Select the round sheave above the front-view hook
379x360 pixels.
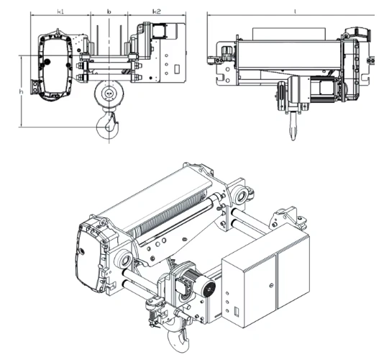pyautogui.click(x=108, y=92)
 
